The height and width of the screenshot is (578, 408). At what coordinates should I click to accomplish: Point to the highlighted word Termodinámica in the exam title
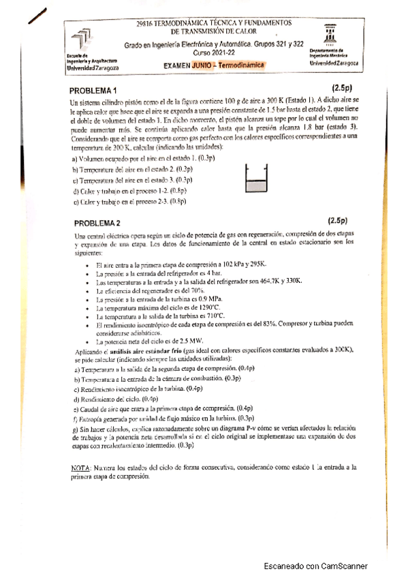pos(241,65)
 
